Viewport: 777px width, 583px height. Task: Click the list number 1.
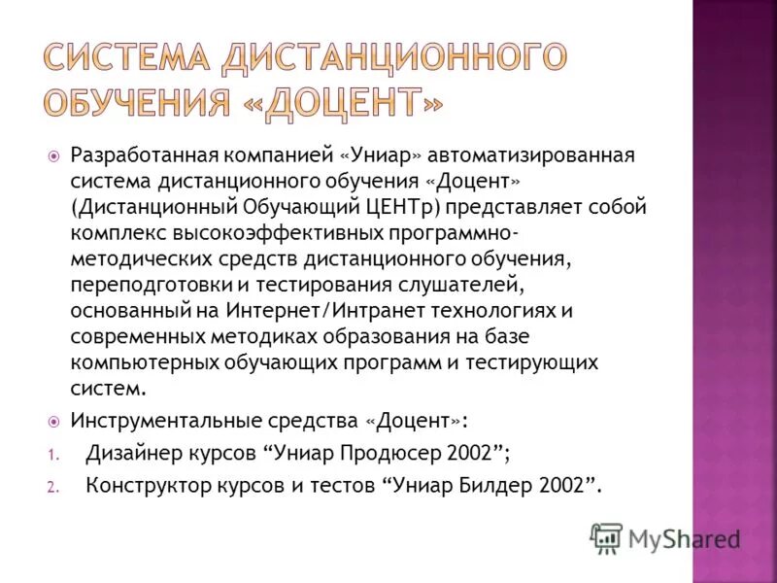(x=52, y=454)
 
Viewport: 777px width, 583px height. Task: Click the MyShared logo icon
(x=606, y=537)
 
